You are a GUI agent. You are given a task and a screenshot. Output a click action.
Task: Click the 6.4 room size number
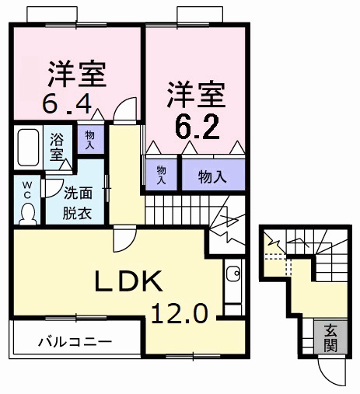pyautogui.click(x=69, y=102)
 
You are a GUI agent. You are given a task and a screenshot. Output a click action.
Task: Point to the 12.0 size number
pyautogui.click(x=180, y=314)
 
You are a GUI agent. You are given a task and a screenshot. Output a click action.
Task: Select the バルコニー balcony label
pyautogui.click(x=75, y=341)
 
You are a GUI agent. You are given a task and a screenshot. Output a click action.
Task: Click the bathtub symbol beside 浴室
pyautogui.click(x=30, y=147)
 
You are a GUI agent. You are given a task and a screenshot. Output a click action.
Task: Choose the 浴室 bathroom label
pyautogui.click(x=58, y=148)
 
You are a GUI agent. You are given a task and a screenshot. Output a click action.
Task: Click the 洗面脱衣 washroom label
pyautogui.click(x=78, y=204)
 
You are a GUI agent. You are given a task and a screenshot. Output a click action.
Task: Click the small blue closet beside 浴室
pyautogui.click(x=90, y=141)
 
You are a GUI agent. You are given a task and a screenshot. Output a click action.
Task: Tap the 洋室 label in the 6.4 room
pyautogui.click(x=77, y=73)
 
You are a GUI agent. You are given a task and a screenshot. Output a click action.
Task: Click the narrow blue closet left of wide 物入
pyautogui.click(x=162, y=173)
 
